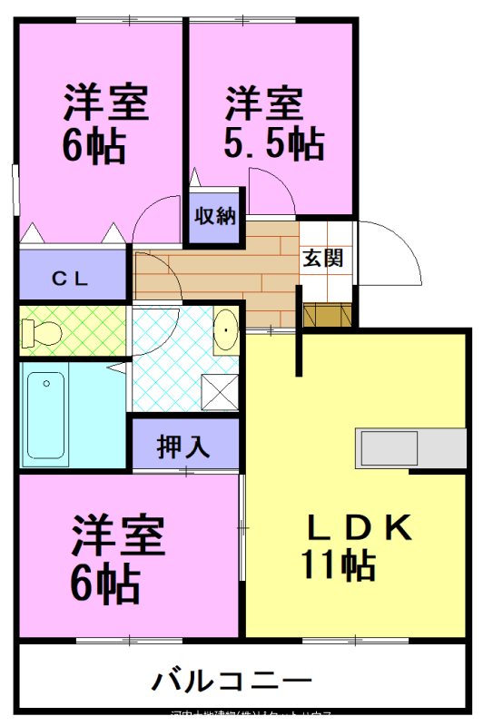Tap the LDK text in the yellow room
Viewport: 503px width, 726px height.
pos(359,525)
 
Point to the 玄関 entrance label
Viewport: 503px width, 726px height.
pos(322,258)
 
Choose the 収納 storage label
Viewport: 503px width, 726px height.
pos(215,216)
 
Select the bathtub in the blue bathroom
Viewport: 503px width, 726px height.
pos(46,416)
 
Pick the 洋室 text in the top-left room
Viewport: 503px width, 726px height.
pos(105,103)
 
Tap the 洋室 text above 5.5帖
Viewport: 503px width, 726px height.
pos(264,103)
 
